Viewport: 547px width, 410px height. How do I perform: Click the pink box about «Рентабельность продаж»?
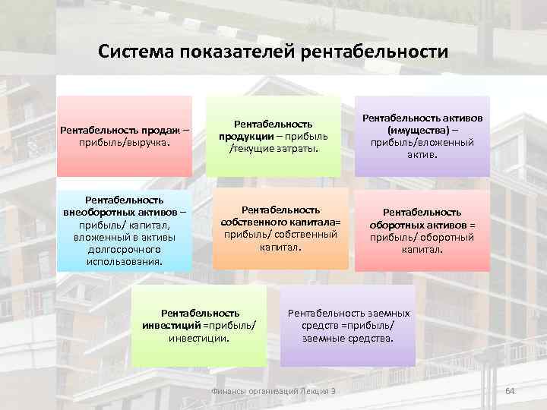click(x=125, y=136)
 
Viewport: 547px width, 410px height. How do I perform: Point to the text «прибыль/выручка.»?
click(x=125, y=142)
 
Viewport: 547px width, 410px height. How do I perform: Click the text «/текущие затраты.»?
click(x=274, y=148)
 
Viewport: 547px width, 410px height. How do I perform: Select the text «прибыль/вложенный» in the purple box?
click(x=422, y=142)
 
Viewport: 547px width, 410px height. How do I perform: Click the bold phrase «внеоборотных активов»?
click(x=121, y=213)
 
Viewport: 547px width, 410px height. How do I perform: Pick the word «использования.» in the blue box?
click(x=125, y=261)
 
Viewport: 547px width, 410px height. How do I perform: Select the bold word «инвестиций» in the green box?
click(x=171, y=325)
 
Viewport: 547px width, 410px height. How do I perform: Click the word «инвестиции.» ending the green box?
click(x=199, y=337)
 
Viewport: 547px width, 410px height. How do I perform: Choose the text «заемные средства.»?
click(x=348, y=337)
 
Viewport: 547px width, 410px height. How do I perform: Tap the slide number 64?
click(x=511, y=390)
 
